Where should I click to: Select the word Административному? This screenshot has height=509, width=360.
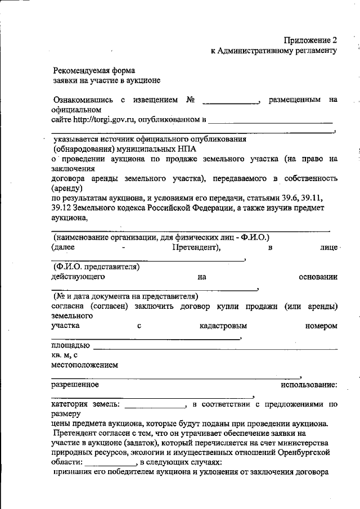(263, 51)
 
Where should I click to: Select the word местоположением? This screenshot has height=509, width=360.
(84, 364)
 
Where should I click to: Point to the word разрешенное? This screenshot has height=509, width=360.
(75, 385)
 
